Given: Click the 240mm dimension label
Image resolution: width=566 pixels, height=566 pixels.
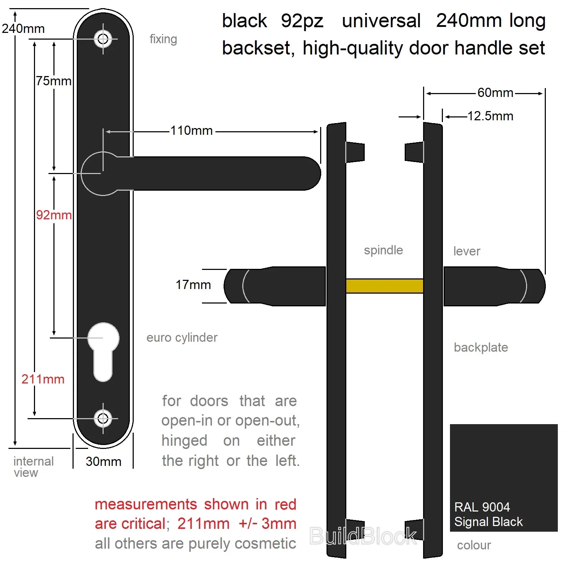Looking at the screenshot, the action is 23,29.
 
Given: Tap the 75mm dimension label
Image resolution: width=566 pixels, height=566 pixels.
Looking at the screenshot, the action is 54,81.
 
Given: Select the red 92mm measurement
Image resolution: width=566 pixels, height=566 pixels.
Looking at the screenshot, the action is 54,215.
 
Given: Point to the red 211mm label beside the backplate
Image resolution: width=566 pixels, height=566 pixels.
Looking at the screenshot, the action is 43,379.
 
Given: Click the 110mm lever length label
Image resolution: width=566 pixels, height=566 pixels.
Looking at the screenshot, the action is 191,131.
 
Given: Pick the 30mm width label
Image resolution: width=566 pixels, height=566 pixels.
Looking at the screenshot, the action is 103,461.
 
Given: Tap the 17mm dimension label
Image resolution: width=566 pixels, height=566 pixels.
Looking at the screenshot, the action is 193,285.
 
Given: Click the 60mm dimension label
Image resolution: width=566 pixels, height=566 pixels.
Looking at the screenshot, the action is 495,93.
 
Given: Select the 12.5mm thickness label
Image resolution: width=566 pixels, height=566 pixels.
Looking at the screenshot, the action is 490,116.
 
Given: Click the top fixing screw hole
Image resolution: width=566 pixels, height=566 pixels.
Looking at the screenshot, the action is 103,39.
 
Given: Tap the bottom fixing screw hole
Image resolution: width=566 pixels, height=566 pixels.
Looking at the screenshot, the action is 103,418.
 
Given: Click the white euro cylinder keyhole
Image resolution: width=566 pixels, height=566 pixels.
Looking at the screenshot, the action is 103,352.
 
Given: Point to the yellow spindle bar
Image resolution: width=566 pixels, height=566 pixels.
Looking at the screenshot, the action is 385,286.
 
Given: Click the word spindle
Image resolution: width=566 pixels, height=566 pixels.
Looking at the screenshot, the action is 383,250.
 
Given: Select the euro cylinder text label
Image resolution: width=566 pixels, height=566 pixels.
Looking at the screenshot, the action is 182,338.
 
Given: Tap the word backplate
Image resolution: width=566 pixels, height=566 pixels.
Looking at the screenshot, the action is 481,347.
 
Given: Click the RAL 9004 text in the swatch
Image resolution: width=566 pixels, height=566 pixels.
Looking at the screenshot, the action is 482,507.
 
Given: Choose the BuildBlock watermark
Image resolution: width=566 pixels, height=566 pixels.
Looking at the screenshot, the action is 363,536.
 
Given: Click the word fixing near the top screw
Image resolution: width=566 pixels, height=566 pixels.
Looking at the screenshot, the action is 163,39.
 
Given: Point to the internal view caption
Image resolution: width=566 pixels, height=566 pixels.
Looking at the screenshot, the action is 33,467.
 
